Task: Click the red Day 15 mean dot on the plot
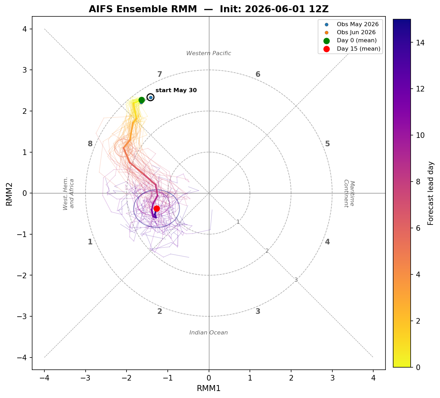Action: coord(157,208)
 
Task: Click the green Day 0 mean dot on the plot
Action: coord(142,100)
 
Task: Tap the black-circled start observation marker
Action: coord(151,97)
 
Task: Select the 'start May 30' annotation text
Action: coord(176,90)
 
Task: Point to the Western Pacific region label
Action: coord(209,53)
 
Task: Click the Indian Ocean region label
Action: coord(209,332)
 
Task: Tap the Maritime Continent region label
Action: coord(349,193)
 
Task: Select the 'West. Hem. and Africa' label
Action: coord(68,193)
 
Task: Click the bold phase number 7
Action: coord(160,74)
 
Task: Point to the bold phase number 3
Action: coord(258,311)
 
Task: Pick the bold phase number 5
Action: coord(327,144)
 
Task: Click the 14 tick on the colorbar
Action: coord(420,43)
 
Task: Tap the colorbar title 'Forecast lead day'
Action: coord(431,193)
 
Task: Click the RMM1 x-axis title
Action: coord(209,388)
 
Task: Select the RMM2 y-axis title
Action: coord(9,194)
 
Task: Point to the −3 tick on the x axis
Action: coord(86,378)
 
